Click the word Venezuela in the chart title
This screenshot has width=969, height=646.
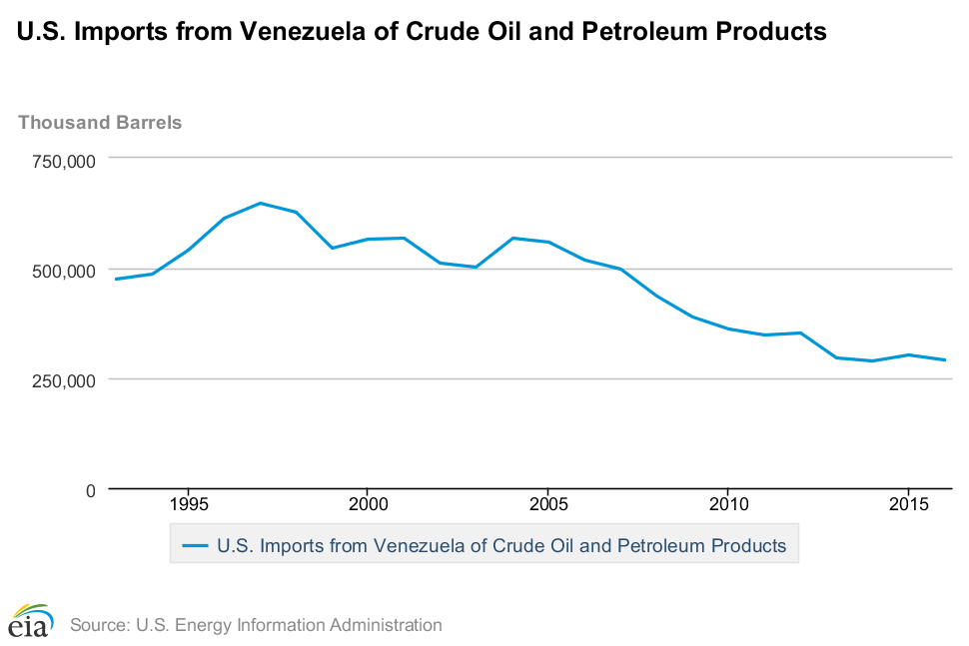pos(310,32)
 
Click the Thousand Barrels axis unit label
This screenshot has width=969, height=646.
pos(100,123)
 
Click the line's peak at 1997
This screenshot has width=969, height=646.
pos(260,203)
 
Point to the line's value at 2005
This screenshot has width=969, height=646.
pos(547,242)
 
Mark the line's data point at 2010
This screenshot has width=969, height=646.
pos(727,328)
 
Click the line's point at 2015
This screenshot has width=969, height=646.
pos(907,354)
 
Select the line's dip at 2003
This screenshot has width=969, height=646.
pos(476,267)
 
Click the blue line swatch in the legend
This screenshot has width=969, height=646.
pos(195,545)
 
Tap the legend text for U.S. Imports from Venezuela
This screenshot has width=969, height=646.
pos(501,546)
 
